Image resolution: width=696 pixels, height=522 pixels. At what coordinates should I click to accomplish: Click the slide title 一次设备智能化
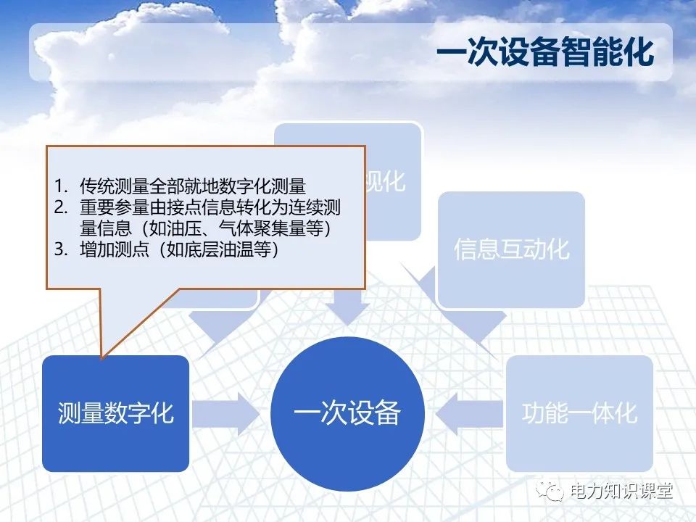click(x=545, y=54)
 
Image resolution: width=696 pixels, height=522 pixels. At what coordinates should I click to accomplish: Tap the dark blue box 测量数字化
click(x=115, y=413)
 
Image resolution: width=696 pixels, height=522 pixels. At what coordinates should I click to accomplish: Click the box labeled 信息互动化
click(x=511, y=249)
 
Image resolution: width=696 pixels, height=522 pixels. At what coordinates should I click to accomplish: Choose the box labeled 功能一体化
click(x=579, y=413)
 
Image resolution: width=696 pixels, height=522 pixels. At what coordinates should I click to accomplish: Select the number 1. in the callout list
click(x=62, y=186)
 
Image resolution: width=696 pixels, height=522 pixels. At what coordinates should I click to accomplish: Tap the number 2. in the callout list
click(x=62, y=207)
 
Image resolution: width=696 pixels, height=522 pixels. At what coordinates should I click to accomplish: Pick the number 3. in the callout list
click(x=62, y=250)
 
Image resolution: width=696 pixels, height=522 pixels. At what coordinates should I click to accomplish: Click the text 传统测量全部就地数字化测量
click(x=192, y=186)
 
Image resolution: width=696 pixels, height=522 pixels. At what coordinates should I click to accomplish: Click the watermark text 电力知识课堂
click(x=621, y=492)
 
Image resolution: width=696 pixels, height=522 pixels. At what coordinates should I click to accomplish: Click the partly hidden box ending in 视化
click(x=392, y=181)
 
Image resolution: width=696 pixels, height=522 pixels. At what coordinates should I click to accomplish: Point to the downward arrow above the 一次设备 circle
click(x=347, y=304)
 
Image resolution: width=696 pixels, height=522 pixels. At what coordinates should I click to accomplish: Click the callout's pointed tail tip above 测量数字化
click(x=102, y=356)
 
